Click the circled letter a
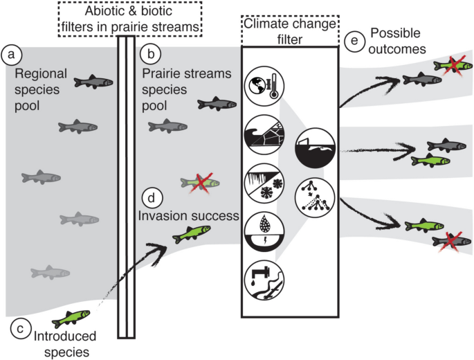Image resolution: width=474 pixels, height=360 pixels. [x=12, y=54]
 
